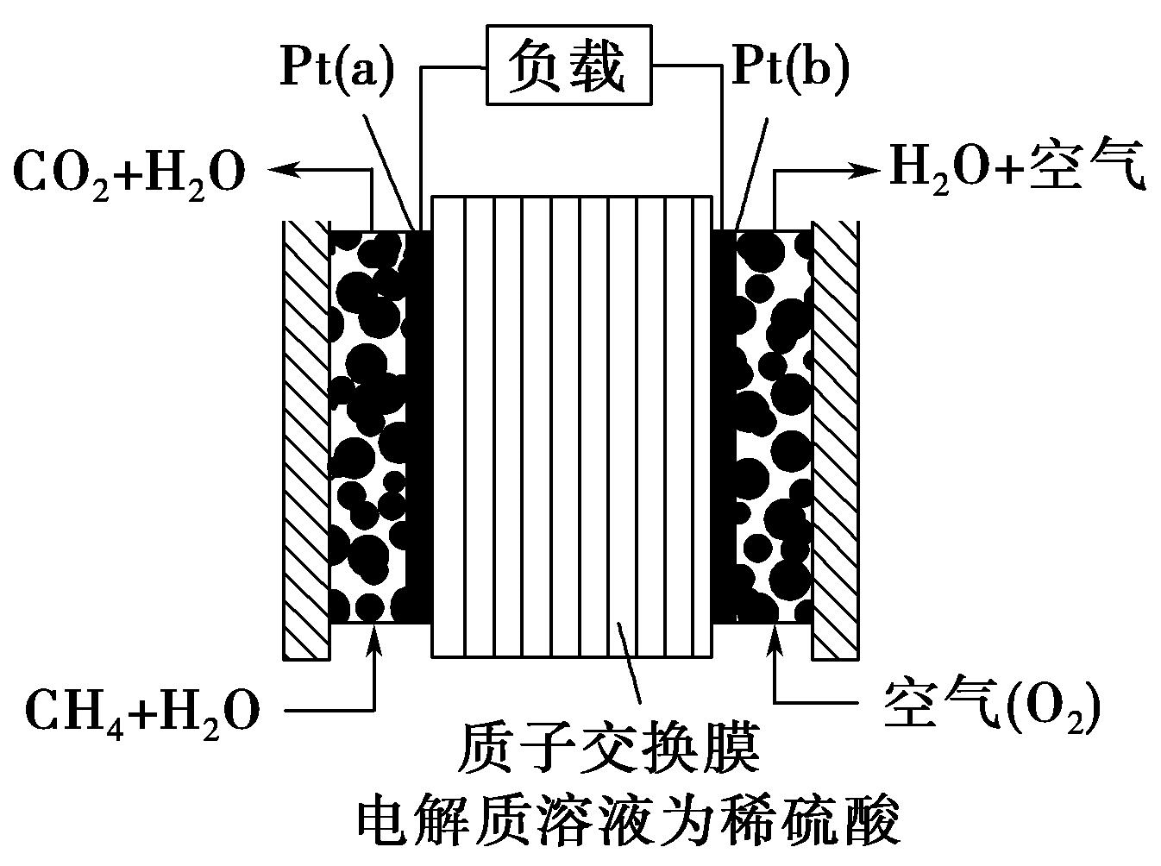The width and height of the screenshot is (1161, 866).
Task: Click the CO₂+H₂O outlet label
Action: (129, 172)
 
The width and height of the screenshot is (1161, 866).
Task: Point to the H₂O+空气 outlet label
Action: (1017, 167)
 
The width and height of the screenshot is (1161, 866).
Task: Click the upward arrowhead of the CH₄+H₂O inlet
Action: (373, 638)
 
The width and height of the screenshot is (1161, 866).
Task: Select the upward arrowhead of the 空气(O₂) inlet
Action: (776, 638)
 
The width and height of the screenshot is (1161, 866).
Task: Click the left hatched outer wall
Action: (306, 440)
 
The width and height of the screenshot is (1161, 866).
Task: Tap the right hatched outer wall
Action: (835, 440)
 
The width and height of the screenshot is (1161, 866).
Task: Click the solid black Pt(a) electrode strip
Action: (419, 431)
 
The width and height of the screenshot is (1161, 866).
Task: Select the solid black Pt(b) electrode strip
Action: (723, 431)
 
